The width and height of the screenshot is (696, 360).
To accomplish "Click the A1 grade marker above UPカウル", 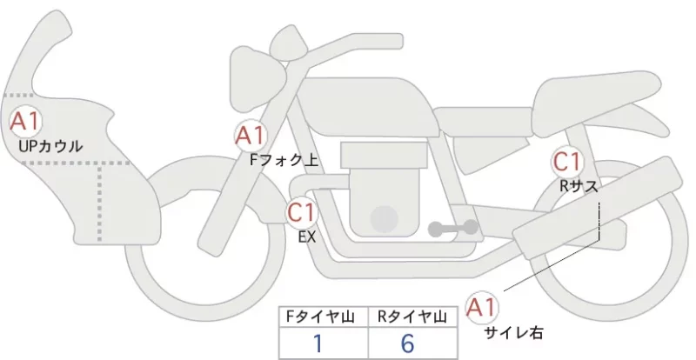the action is pos(26,122).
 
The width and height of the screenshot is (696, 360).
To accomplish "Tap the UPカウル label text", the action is pos(50,146).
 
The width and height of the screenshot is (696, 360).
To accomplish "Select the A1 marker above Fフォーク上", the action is pos(251,136).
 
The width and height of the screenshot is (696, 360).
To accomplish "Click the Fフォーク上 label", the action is pos(284,160).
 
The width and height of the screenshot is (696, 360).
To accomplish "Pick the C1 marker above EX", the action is pos(302,211).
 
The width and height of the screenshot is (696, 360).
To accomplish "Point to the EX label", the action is pos(307,237).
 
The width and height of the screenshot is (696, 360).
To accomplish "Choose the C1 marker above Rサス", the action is pos(567,162).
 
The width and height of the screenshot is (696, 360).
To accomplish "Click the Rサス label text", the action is pos(579,187).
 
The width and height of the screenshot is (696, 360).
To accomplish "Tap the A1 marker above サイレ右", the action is pos(482,307).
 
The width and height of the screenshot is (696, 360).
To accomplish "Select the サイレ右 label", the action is pos(513,332).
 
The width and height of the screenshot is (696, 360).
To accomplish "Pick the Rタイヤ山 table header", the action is pos(412,317).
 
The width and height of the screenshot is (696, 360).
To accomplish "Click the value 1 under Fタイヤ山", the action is pos(318,343).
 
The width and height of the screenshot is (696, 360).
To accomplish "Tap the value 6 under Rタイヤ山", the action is pos(407,343).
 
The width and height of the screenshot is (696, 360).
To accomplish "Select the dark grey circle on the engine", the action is pos(385,219).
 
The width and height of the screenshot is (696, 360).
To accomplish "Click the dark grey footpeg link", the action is pos(453,228).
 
